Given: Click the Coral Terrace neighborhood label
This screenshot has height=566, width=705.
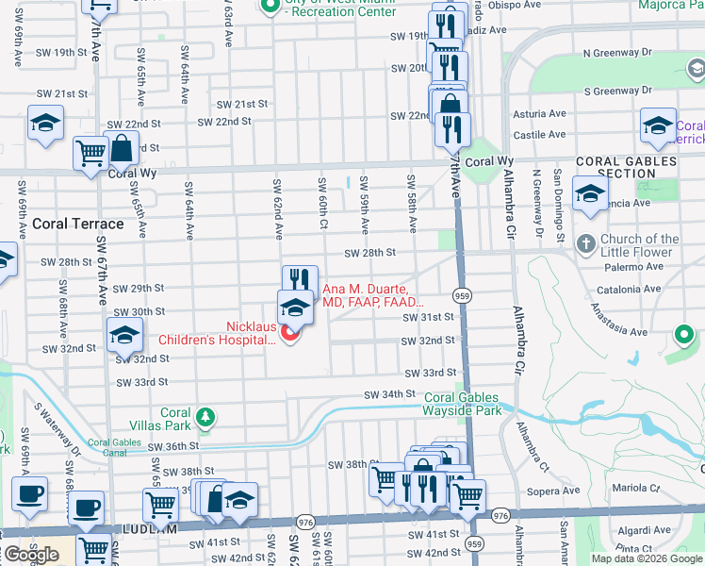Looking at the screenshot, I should pos(78,224).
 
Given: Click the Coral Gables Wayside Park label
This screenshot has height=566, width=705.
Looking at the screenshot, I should pos(463,405).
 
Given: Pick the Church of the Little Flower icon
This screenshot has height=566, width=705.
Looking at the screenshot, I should pos(585,242).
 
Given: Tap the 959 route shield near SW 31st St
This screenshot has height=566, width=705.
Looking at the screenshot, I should pos(461,295).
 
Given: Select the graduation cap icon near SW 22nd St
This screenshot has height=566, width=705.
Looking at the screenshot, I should pos(45,125).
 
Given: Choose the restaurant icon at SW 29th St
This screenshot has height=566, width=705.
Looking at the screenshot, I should pos(299,279).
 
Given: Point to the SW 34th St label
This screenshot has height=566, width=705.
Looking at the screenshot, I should pos(391,393).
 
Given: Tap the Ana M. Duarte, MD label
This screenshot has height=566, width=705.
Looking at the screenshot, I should pos(365,295).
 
